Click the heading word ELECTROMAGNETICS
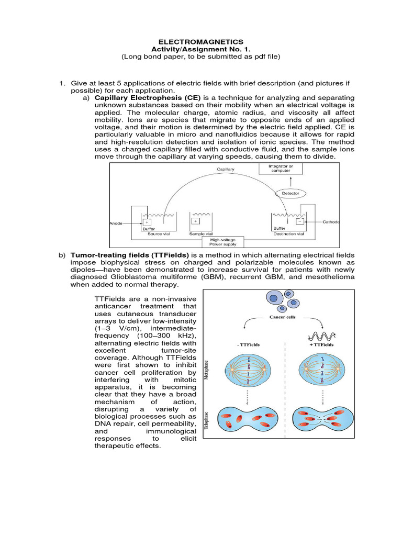200,41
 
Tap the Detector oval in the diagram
291,193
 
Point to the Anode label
116,223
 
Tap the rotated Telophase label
211,422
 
